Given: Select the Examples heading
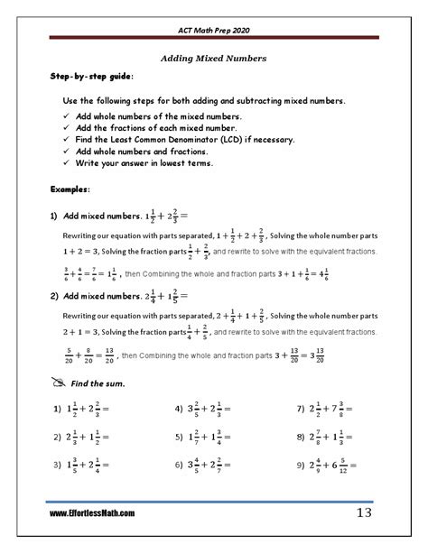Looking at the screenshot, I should pyautogui.click(x=70, y=191).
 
